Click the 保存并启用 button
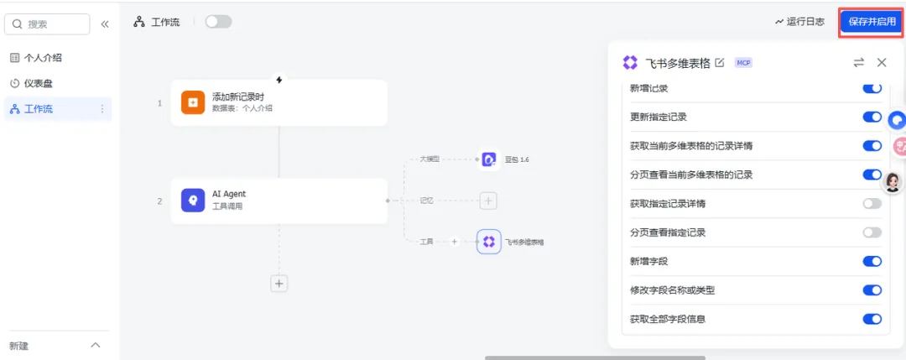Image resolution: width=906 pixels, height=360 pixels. point(871,22)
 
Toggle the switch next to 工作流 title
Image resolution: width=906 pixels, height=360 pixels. point(218,22)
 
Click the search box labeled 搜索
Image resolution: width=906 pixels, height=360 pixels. point(47,24)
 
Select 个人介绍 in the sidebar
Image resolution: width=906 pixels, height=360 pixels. point(43,58)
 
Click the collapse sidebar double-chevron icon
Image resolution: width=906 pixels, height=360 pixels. point(105,24)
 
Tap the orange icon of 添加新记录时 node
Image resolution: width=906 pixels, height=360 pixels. point(193,102)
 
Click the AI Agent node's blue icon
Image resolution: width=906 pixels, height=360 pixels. point(193,200)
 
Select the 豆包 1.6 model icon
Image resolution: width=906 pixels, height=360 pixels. point(489,159)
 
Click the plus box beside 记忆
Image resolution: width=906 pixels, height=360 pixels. point(489,201)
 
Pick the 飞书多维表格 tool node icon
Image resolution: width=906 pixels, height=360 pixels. point(489,242)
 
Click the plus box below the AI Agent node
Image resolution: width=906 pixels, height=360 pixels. point(279,284)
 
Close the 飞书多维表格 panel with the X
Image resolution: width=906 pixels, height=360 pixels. point(882,62)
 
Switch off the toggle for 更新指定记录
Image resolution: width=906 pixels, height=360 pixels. point(872,117)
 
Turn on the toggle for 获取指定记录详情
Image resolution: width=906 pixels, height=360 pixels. point(872,203)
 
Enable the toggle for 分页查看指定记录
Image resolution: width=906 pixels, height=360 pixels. point(872,232)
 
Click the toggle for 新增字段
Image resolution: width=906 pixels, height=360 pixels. point(872,261)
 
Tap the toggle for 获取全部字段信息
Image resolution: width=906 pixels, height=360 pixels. point(872,319)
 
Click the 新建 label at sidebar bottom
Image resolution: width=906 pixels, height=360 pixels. point(18,346)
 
